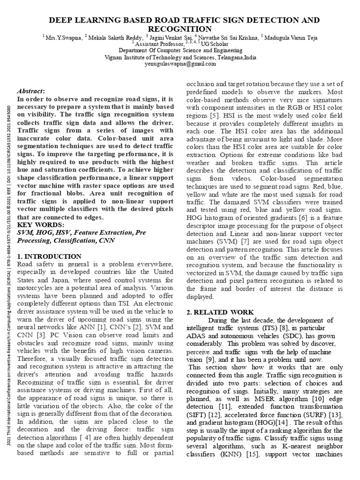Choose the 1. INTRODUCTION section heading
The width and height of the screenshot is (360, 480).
(49, 256)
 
